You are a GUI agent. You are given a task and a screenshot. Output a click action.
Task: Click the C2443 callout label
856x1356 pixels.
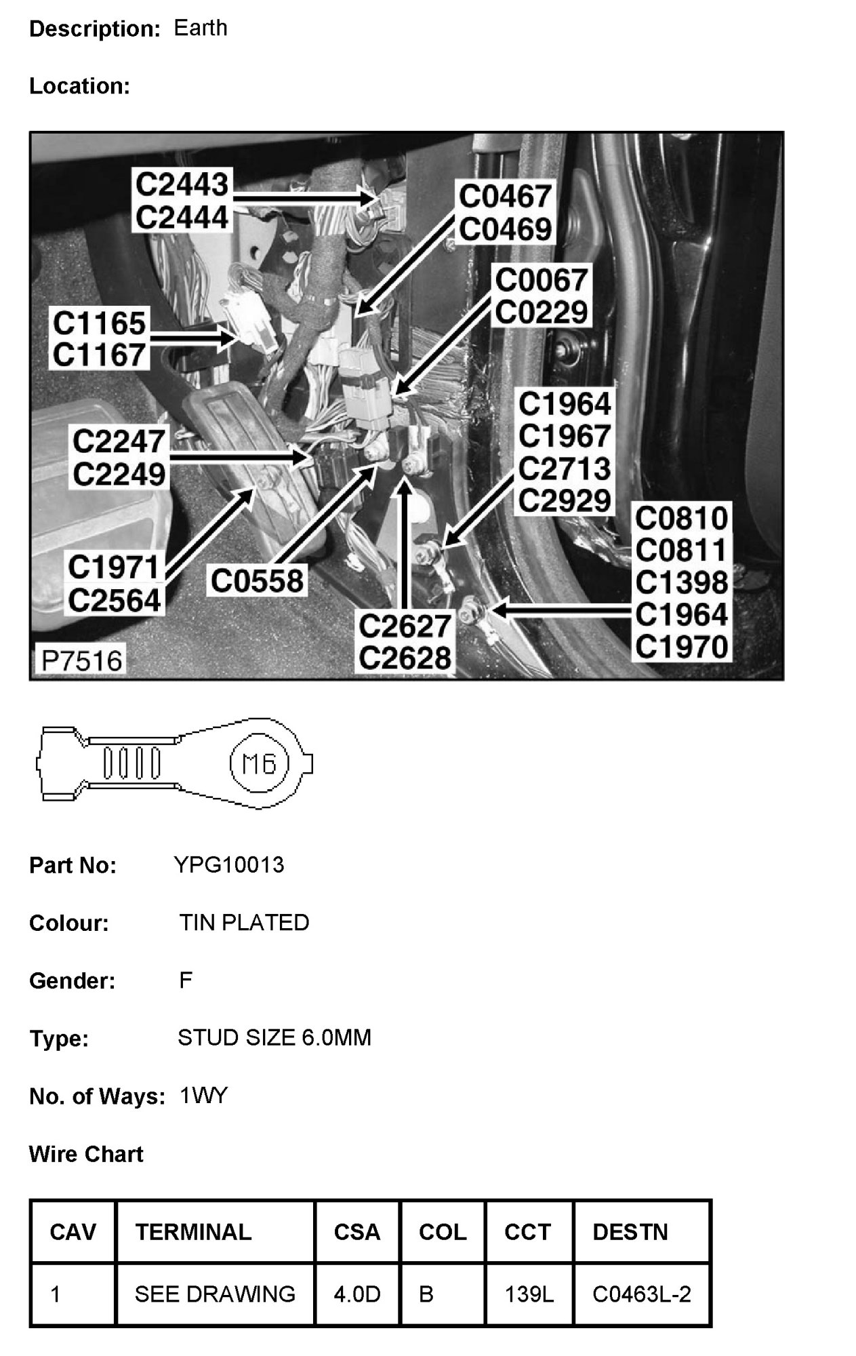182,184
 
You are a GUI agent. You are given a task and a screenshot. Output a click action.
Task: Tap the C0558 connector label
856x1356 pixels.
257,581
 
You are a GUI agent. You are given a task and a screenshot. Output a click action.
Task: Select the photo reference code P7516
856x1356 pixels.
82,660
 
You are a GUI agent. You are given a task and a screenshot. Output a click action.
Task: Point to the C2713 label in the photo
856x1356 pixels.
565,468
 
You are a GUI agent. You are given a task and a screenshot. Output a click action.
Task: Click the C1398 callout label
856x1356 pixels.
681,582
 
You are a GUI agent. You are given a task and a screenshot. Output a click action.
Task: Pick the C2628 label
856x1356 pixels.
405,658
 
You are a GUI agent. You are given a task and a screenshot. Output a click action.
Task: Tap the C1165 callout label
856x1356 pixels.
99,323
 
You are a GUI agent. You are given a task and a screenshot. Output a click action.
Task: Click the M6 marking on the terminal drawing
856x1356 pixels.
260,764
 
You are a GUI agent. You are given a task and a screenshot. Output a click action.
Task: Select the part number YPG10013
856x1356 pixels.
228,865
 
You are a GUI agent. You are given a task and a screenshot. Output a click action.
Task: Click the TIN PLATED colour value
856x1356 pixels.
244,923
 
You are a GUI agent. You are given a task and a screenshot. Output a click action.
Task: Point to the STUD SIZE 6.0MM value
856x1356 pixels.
274,1038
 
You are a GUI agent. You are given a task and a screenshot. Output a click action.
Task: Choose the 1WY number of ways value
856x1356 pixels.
203,1096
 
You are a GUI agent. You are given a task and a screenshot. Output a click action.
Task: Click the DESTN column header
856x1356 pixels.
630,1232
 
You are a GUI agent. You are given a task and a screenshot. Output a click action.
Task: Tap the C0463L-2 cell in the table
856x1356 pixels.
641,1294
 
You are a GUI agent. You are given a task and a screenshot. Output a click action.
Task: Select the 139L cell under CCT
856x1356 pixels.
529,1294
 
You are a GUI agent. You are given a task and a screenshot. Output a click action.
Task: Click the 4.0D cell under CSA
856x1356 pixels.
356,1294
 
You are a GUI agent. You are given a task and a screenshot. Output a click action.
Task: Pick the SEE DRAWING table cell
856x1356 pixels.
215,1294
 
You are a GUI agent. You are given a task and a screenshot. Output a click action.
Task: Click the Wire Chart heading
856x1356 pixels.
86,1154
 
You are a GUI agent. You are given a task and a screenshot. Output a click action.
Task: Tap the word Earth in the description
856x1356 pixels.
201,28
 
